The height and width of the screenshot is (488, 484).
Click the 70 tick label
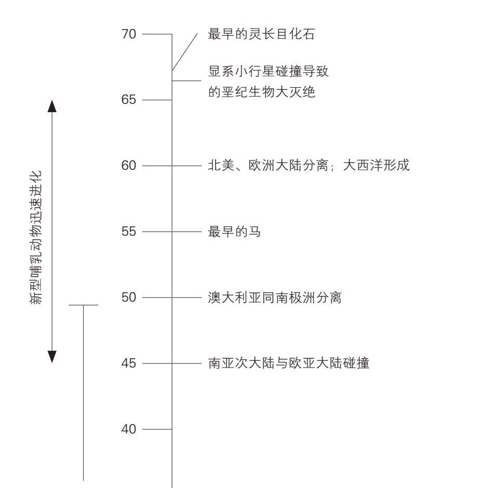tap(129, 34)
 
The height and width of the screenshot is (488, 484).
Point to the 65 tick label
tap(129, 100)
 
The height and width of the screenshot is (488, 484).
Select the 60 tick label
tap(129, 166)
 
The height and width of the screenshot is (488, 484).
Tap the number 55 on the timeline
tap(129, 232)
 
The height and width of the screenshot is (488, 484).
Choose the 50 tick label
tap(129, 297)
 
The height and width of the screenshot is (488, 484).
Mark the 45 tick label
tap(129, 363)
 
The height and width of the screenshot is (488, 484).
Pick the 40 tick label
tap(129, 429)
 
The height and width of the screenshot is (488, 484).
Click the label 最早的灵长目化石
tap(261, 34)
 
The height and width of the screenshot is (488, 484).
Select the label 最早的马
tap(234, 232)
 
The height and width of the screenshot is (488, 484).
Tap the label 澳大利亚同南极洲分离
tap(275, 297)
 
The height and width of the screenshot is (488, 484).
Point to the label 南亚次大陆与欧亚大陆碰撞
tap(289, 363)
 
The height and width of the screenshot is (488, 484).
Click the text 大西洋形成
tap(376, 165)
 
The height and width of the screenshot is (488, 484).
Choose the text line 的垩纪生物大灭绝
tap(261, 92)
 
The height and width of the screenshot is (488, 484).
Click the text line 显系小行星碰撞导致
tap(268, 71)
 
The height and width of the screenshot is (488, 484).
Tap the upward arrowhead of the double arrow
tap(52, 106)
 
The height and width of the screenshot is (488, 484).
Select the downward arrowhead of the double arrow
tap(52, 357)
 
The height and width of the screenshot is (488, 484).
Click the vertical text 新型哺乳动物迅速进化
tap(35, 237)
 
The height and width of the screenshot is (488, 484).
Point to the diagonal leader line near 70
tap(185, 52)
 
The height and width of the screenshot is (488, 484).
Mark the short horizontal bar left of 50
tap(84, 305)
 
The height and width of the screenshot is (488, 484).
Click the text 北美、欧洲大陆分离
tap(268, 165)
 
